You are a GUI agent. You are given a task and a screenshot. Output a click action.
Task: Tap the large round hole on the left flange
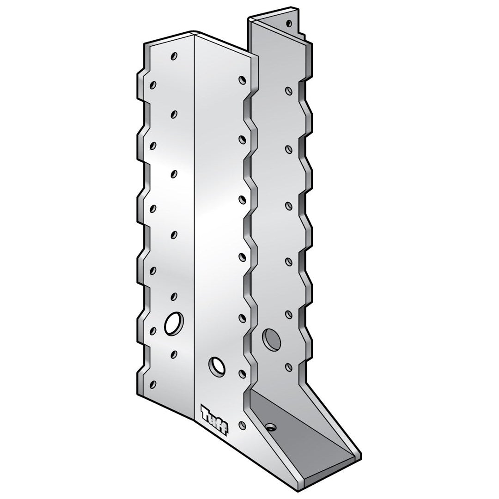tap(173, 323)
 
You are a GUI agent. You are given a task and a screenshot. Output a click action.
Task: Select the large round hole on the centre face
tap(216, 365)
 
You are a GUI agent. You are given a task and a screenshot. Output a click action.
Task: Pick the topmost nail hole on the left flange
tap(174, 56)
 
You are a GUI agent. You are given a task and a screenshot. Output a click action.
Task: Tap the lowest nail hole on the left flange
tap(153, 383)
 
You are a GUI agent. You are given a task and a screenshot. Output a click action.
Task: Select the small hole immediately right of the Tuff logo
tap(241, 424)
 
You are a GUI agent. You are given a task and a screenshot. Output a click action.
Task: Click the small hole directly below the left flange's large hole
tap(174, 354)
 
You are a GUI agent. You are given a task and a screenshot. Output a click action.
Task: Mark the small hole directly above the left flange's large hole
tap(174, 296)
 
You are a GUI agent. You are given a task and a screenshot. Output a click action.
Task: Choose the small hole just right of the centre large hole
tap(241, 372)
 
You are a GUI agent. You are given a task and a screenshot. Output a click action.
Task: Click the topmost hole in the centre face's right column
tap(241, 79)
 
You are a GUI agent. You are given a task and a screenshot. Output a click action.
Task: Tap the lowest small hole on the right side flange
tap(289, 367)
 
